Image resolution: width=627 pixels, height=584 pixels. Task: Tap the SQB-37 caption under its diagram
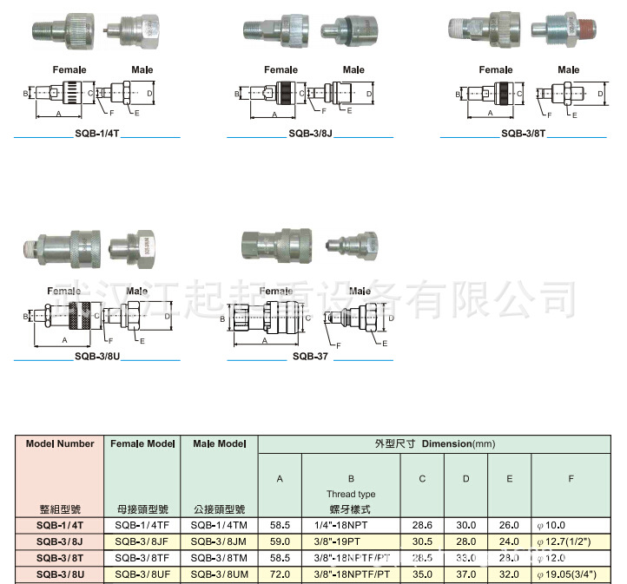[x=310, y=356]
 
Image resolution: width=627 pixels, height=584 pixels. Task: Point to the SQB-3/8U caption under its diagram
[x=97, y=356]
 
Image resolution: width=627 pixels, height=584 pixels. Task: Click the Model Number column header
[x=60, y=443]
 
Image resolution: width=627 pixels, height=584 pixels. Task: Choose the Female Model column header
[x=142, y=443]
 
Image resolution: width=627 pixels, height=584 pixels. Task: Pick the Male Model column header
[x=220, y=443]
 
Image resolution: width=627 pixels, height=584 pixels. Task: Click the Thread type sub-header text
[x=350, y=494]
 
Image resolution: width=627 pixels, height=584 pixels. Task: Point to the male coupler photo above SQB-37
[x=348, y=245]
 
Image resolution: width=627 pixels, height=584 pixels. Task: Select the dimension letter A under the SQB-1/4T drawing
[x=58, y=113]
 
